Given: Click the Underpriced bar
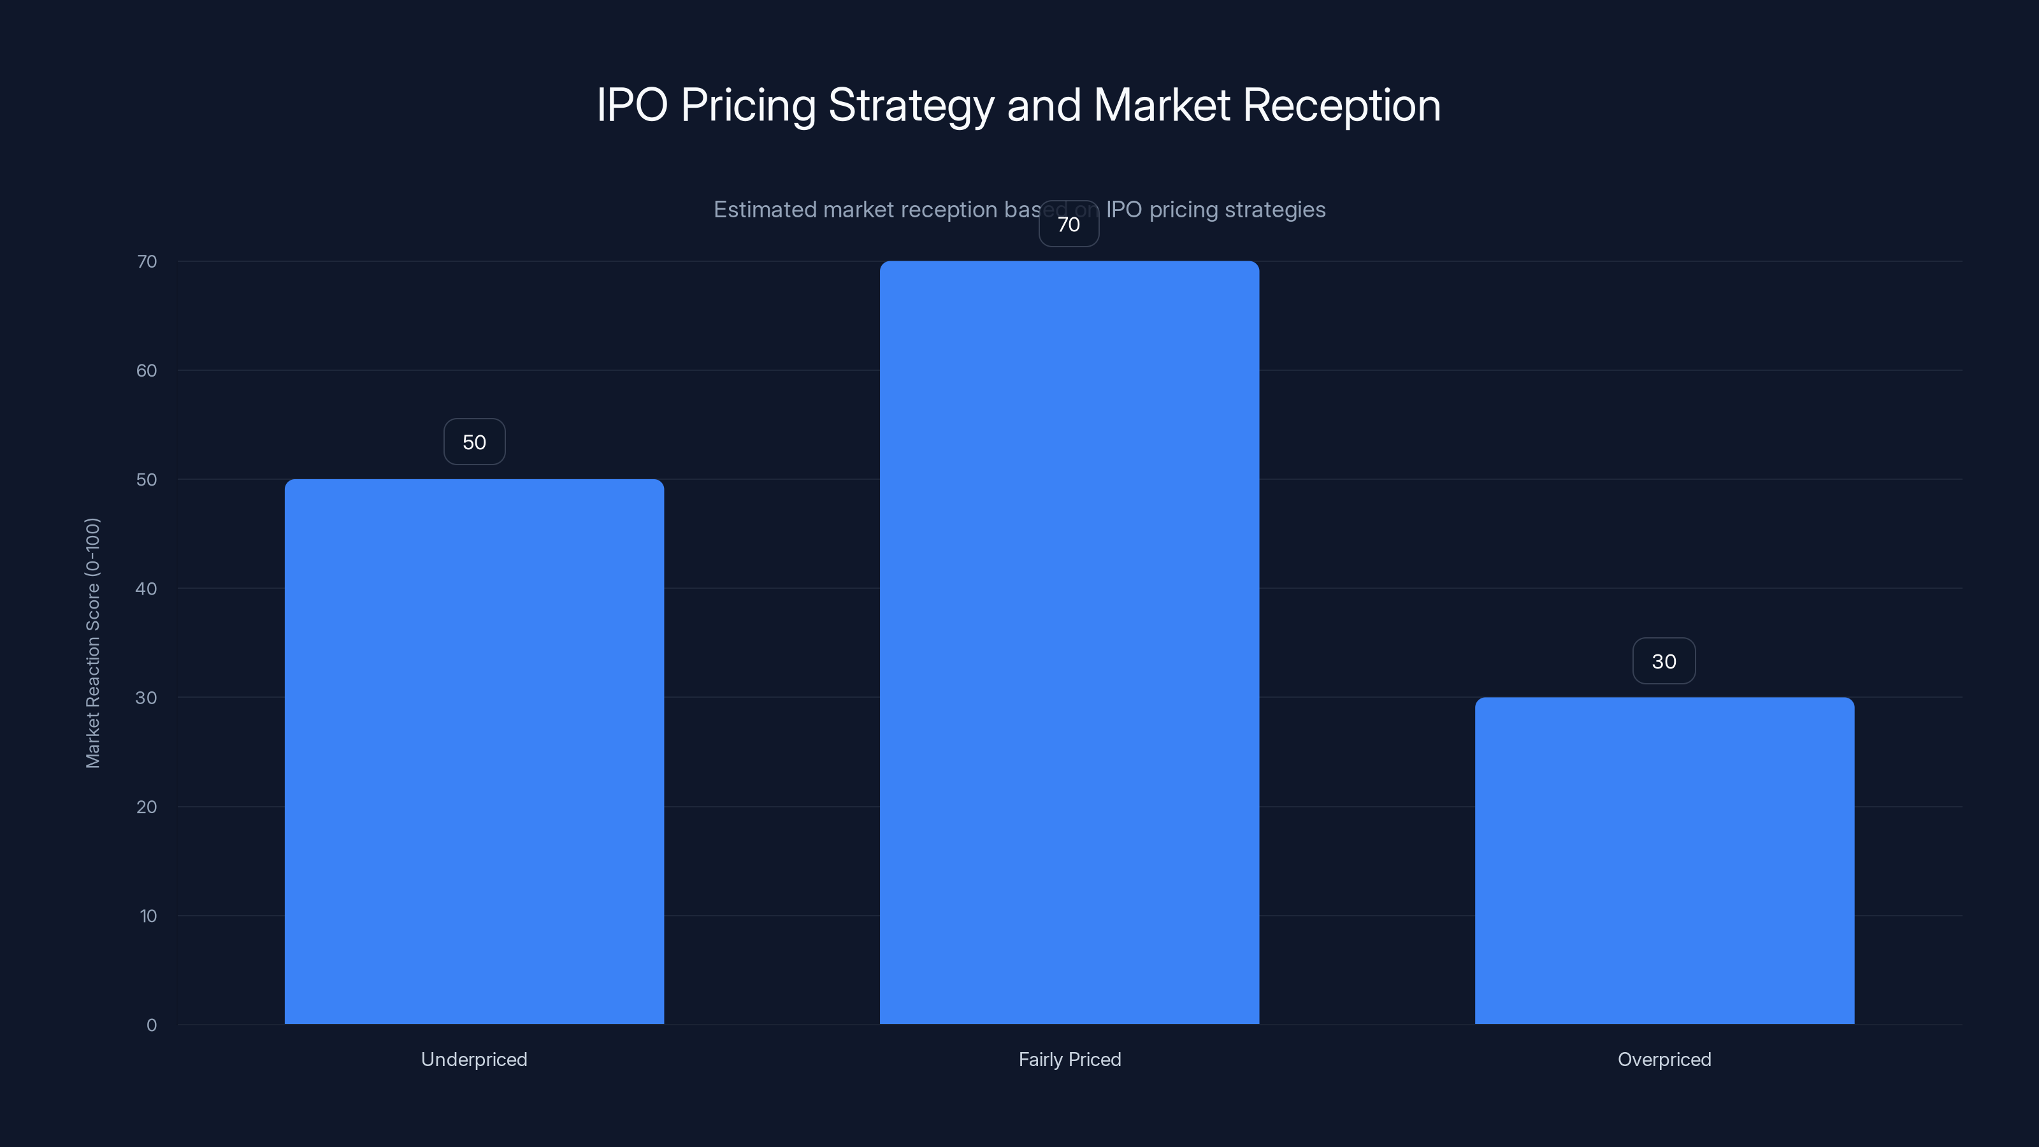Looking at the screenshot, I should pos(474,751).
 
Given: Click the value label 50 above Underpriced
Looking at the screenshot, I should pos(474,442).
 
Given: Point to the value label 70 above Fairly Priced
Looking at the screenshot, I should pos(1069,224).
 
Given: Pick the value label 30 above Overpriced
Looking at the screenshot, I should pos(1664,661).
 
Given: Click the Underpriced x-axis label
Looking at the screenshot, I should pos(474,1059).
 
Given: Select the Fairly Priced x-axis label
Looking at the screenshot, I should pos(1069,1059).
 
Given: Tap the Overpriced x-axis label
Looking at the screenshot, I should pos(1664,1059).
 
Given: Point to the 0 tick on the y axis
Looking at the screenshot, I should pos(151,1025).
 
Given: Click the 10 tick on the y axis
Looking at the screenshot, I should pos(148,916).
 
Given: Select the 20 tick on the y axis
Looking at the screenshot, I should pos(147,807).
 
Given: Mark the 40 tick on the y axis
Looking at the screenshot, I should pos(147,588).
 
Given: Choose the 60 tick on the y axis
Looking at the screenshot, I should pos(147,370).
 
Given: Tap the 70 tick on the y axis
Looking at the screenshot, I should pos(147,261).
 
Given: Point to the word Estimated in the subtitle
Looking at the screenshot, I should pos(765,209).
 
